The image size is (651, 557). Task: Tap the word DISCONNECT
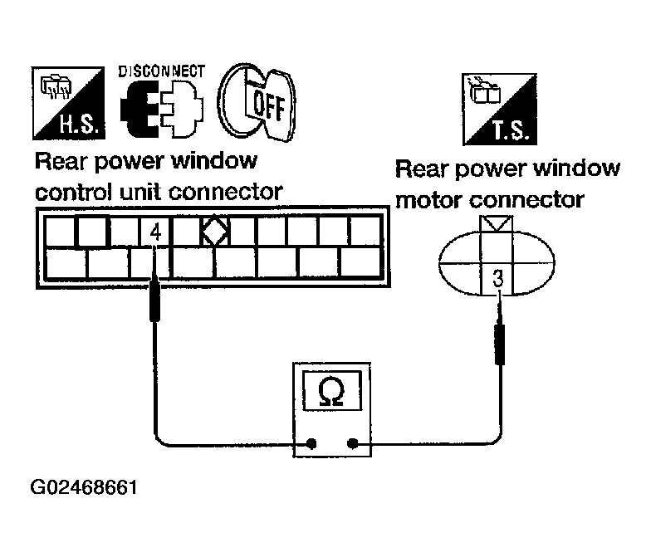click(x=162, y=71)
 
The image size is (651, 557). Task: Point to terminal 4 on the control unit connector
click(x=154, y=233)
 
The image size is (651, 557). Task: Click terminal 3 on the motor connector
click(x=497, y=279)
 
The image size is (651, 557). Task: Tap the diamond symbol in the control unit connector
click(x=214, y=232)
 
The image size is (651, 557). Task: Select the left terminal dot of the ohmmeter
click(x=311, y=444)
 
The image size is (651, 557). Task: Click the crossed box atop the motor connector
click(x=497, y=224)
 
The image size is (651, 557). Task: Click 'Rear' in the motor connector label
click(x=420, y=169)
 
